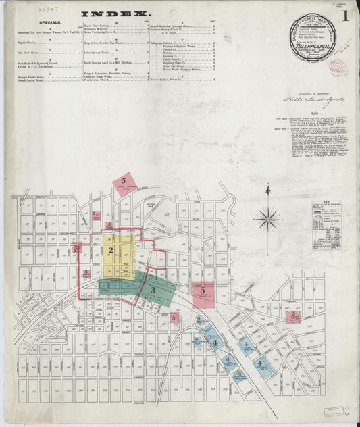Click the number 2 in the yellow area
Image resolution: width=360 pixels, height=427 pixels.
pyautogui.click(x=109, y=251)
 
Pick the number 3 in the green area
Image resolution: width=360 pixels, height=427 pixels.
pyautogui.click(x=153, y=290)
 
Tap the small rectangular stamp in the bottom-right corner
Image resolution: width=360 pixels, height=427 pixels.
pyautogui.click(x=333, y=411)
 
